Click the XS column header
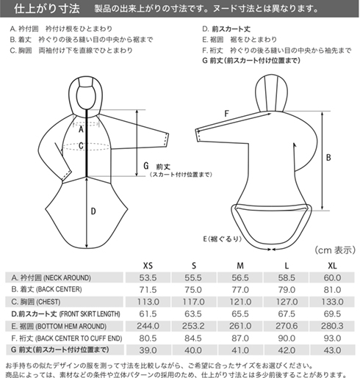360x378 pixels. point(148,266)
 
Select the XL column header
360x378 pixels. point(332,266)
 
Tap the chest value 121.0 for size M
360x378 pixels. point(240,302)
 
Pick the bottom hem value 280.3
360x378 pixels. point(332,326)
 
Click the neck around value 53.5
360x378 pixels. point(148,277)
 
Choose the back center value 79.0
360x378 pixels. point(287,290)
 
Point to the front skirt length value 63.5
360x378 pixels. point(193,313)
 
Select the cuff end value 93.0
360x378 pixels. point(332,338)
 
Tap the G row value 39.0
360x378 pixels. point(148,350)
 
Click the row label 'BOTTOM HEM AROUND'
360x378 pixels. point(71,326)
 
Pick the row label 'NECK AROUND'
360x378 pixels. point(67,277)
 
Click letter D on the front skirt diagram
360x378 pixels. point(93,211)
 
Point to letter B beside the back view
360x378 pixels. point(328,157)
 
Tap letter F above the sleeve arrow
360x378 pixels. point(226,113)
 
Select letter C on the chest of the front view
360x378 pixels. point(81,146)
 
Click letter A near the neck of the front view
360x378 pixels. point(81,129)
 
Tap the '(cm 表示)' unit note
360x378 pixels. point(335,250)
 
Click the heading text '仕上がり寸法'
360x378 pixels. point(47,9)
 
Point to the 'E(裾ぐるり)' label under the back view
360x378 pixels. point(223,239)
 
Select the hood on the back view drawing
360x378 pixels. point(271,93)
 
